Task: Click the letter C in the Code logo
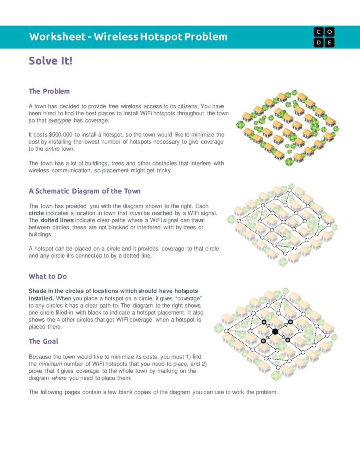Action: tap(319, 32)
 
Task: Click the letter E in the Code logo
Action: tap(329, 42)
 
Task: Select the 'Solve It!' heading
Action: tap(50, 61)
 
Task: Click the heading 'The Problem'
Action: tap(49, 91)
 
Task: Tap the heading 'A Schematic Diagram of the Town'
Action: tap(84, 191)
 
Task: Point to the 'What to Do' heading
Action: tap(48, 276)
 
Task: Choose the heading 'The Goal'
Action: tap(43, 341)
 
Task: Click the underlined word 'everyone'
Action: tap(59, 121)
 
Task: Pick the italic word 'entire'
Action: tap(52, 149)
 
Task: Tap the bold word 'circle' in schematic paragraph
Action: tap(36, 213)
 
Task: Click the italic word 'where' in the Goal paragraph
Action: tap(59, 378)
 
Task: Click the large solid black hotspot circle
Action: tap(275, 332)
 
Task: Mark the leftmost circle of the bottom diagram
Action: tap(226, 331)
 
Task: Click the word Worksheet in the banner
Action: tap(57, 37)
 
